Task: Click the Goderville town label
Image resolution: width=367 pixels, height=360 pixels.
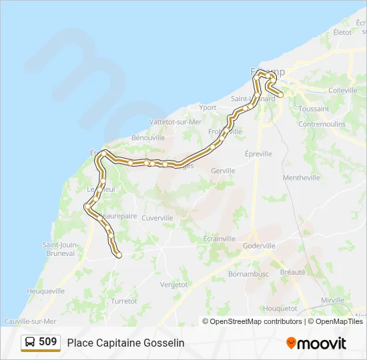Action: click(x=259, y=245)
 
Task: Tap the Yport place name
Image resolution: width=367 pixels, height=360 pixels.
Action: click(x=208, y=107)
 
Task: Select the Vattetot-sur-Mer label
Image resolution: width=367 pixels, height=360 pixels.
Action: click(x=175, y=122)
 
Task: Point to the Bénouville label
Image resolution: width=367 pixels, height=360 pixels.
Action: click(x=148, y=137)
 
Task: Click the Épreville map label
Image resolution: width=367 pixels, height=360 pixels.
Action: click(x=258, y=153)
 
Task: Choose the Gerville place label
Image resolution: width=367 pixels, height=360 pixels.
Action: click(x=223, y=171)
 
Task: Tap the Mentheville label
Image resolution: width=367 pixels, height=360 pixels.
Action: click(x=302, y=177)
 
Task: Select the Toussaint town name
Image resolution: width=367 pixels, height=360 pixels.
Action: click(x=314, y=109)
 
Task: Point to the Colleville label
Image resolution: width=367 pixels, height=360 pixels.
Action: click(x=343, y=90)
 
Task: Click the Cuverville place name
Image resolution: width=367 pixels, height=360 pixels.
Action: click(x=157, y=218)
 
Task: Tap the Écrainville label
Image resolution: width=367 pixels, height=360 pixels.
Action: click(x=220, y=239)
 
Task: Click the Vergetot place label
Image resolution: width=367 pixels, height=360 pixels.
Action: click(x=174, y=284)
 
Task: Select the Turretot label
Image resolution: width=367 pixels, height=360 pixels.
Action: click(x=124, y=301)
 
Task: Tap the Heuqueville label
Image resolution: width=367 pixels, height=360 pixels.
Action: click(x=45, y=291)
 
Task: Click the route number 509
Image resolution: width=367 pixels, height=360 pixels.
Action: click(x=48, y=342)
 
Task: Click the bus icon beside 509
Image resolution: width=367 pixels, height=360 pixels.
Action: click(x=30, y=342)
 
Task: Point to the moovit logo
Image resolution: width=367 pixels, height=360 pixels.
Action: click(x=316, y=343)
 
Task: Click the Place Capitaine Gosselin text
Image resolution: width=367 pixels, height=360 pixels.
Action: click(x=125, y=343)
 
